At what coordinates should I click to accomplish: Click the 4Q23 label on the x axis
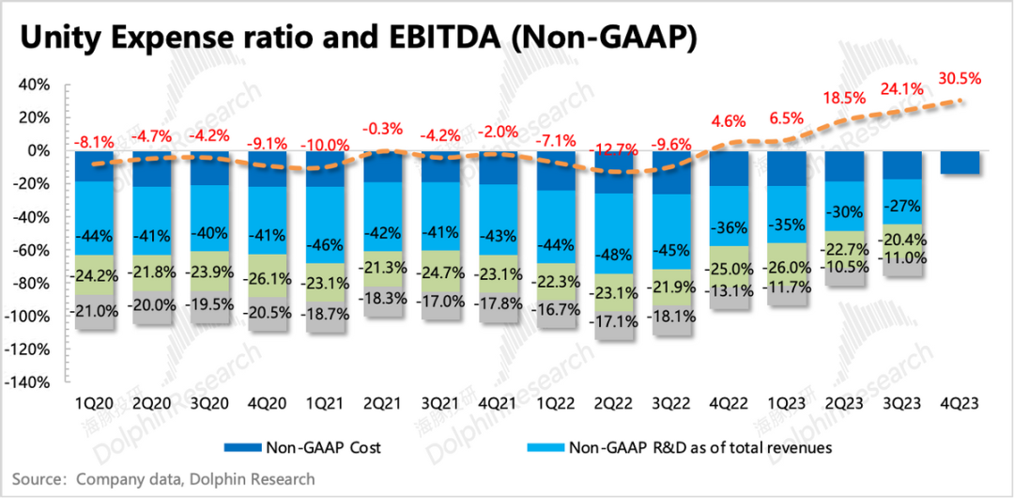(960, 403)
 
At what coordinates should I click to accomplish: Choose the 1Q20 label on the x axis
(94, 403)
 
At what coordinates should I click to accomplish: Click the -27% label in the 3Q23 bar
(903, 205)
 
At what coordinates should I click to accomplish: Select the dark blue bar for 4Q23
(960, 163)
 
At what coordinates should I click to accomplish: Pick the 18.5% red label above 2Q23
(846, 97)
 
